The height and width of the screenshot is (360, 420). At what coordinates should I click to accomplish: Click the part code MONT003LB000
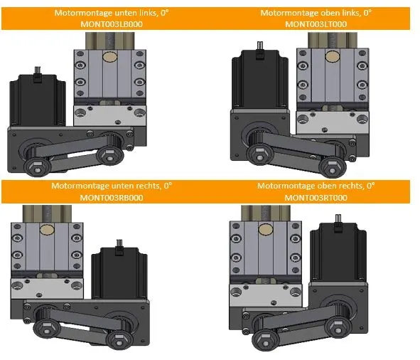tap(112, 24)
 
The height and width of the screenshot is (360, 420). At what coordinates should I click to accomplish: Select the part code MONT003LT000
tap(316, 24)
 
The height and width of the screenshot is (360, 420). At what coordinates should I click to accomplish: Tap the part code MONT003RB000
tap(112, 198)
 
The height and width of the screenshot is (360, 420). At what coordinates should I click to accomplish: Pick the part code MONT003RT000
tap(316, 198)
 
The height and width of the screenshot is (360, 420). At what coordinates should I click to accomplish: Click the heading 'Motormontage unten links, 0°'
tap(112, 13)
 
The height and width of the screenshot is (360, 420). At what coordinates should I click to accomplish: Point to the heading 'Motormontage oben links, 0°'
tap(316, 13)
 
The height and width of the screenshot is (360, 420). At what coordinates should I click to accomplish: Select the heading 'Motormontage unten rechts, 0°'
tap(112, 186)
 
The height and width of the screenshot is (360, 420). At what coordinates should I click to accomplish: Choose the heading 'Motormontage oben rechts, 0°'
tap(316, 186)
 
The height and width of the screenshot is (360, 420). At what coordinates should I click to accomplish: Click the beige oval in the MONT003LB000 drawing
tap(110, 57)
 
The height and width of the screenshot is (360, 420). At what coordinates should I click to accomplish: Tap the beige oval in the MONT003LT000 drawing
tap(332, 56)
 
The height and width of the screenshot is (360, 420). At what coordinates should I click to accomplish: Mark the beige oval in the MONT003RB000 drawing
tap(47, 230)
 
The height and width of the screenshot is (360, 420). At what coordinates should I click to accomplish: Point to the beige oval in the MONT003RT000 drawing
tap(266, 229)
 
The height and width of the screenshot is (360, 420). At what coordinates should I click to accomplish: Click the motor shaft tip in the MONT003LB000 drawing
tap(38, 68)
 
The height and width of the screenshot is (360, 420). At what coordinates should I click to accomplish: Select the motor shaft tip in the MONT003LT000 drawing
tap(260, 43)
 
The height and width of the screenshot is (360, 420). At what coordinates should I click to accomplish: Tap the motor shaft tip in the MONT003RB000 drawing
tap(119, 241)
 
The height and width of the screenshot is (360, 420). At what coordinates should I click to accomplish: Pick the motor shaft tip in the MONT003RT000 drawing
tap(338, 216)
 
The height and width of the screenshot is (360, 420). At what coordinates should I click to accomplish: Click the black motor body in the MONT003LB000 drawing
tap(38, 100)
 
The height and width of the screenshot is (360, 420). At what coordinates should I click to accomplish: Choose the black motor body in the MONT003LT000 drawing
tap(260, 80)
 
